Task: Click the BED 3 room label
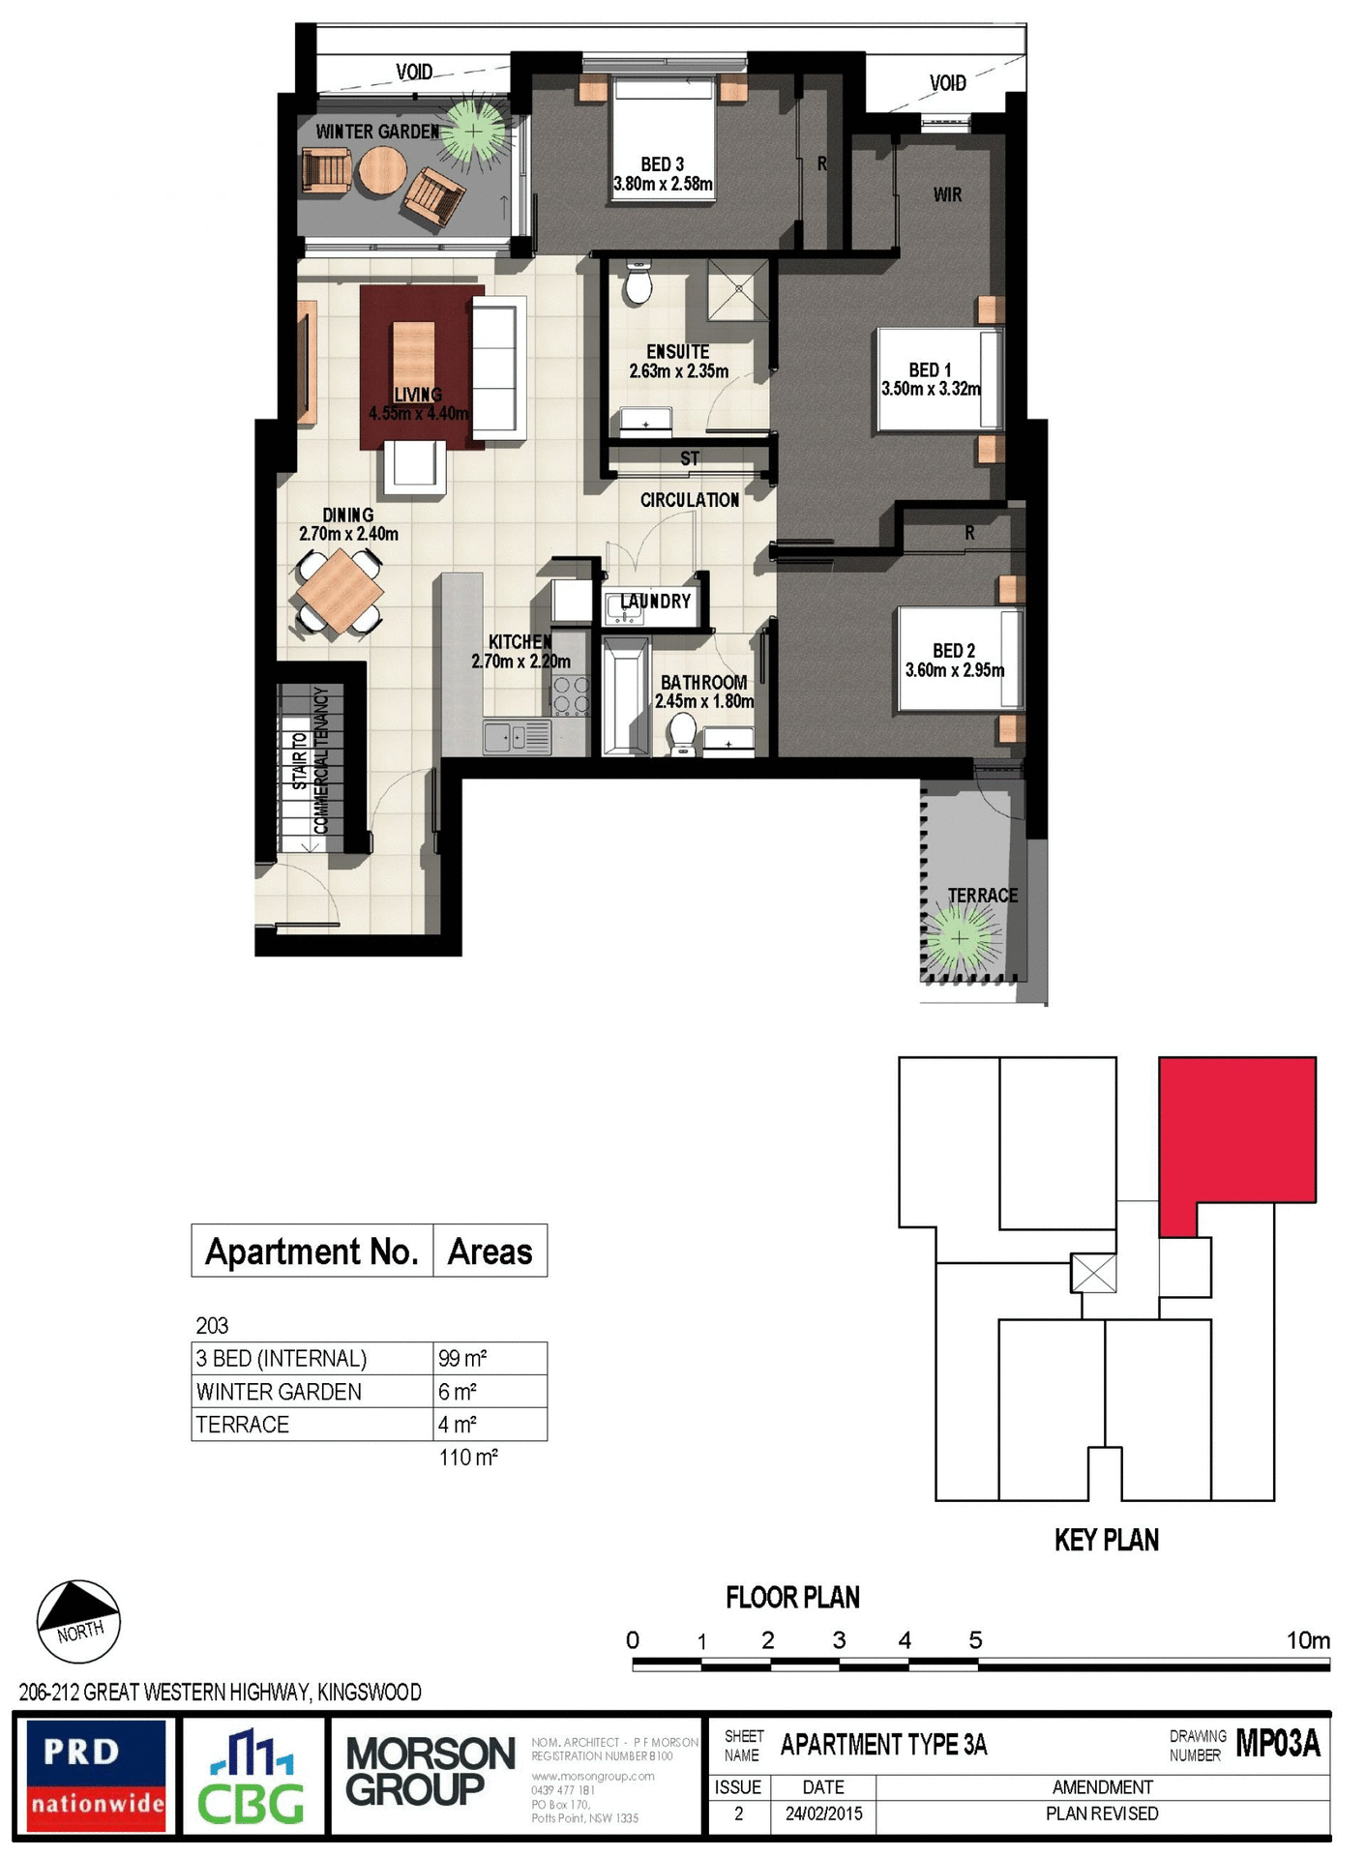click(x=662, y=164)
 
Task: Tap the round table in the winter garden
click(x=381, y=170)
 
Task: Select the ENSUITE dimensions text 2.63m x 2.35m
click(x=678, y=371)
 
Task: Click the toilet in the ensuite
click(x=638, y=282)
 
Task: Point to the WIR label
click(x=947, y=194)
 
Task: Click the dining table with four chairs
click(x=339, y=590)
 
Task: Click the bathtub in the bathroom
click(x=624, y=696)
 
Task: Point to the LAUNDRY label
click(x=656, y=602)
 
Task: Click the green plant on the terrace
click(x=959, y=937)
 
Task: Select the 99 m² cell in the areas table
click(x=462, y=1359)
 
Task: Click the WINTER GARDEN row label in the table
click(x=279, y=1392)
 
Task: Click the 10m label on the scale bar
click(x=1307, y=1640)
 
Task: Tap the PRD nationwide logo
click(x=96, y=1776)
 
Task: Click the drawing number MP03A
click(x=1277, y=1743)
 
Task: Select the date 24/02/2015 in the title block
click(x=822, y=1813)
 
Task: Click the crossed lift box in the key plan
click(x=1093, y=1273)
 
